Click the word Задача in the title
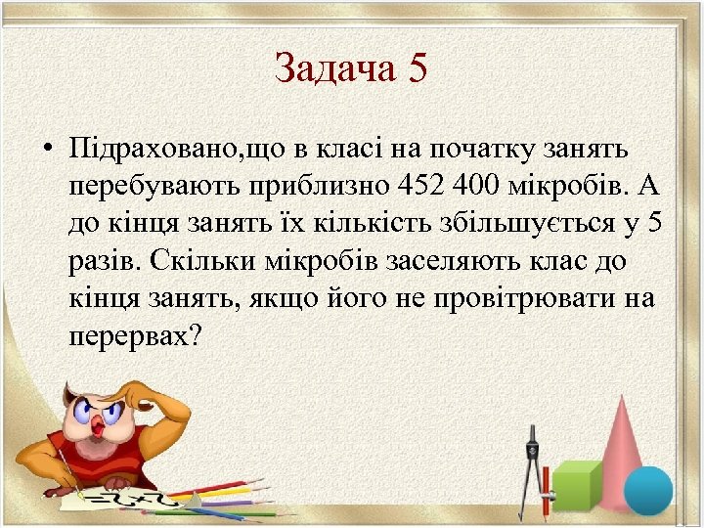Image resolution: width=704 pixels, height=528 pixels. [331, 68]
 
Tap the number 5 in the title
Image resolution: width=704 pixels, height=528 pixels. [418, 68]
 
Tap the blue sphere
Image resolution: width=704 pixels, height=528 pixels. [647, 490]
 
